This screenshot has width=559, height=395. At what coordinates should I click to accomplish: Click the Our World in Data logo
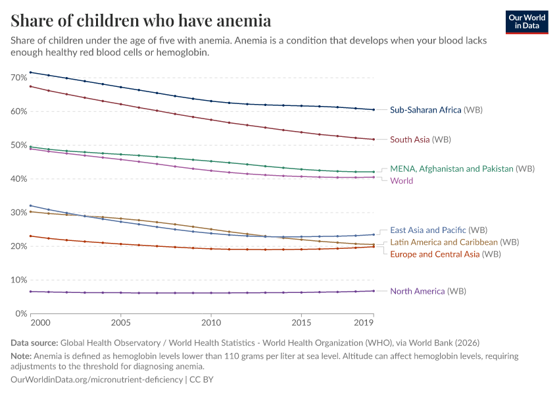tap(527, 22)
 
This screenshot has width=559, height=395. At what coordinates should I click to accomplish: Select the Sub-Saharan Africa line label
tap(436, 110)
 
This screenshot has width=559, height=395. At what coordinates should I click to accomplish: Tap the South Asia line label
tap(420, 140)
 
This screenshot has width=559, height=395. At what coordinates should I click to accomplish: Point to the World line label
tap(401, 180)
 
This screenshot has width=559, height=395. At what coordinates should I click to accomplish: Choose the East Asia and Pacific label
tap(438, 230)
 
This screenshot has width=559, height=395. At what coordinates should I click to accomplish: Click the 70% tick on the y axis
tap(18, 78)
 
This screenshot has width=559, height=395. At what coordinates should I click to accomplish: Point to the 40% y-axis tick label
tap(18, 179)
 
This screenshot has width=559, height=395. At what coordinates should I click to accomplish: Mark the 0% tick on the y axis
tap(20, 313)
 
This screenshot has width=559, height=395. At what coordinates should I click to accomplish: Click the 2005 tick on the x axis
tap(121, 324)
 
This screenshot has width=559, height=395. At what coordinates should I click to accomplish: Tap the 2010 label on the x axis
tap(211, 324)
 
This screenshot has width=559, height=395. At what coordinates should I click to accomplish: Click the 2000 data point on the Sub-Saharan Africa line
tap(31, 72)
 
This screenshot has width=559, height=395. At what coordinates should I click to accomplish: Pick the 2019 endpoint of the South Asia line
tap(374, 140)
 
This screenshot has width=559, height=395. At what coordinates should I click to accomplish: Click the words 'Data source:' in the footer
tap(34, 343)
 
